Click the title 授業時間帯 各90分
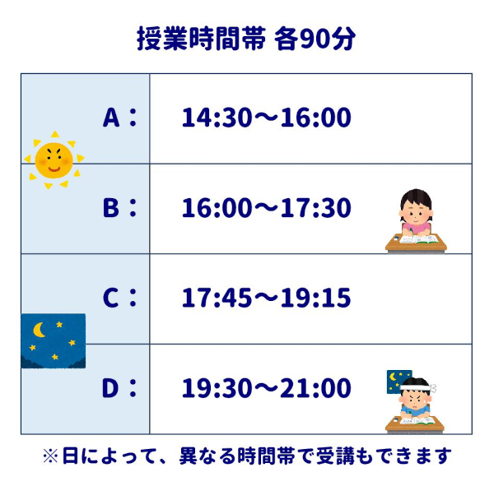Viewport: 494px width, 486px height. [246, 39]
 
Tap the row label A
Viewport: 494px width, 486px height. [112, 118]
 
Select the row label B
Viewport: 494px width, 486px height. [112, 208]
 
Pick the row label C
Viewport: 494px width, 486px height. [112, 298]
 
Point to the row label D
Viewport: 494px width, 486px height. [112, 387]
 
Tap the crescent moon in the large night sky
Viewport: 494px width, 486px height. [39, 330]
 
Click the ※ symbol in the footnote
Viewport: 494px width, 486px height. [50, 455]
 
